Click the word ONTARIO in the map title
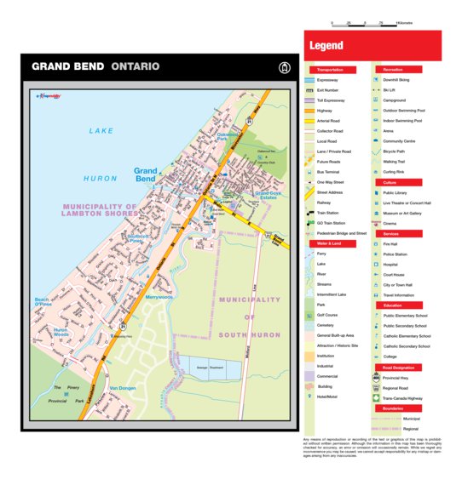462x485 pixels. pos(135,66)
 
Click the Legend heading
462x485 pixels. pos(326,46)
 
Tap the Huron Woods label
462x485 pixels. pos(61,332)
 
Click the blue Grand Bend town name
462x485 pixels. pos(145,175)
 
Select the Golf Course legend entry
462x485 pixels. pos(329,315)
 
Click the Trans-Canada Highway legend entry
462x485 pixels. pos(402,397)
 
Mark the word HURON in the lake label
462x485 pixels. pos(100,179)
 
